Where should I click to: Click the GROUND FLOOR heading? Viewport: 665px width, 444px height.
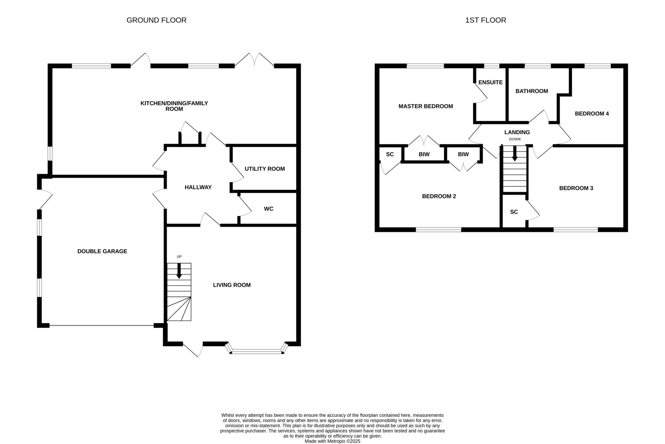click(156, 20)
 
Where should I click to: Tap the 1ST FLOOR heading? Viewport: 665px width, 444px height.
click(485, 20)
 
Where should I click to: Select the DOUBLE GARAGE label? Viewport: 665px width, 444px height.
click(102, 251)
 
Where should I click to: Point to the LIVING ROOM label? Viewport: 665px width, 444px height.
click(232, 285)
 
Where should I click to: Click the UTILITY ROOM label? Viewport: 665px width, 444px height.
click(265, 169)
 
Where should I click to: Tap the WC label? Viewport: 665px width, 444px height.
click(269, 209)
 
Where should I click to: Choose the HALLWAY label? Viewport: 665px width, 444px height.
click(198, 187)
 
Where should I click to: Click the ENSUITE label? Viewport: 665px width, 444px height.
click(490, 82)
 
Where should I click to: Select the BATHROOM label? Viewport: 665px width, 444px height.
click(532, 91)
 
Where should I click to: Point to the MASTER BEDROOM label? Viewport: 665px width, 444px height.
click(426, 106)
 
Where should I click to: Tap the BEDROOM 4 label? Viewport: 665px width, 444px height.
click(592, 114)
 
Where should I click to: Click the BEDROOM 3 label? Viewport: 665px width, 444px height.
click(576, 188)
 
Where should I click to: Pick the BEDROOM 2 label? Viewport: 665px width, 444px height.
click(439, 196)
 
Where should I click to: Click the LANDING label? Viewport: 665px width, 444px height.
click(517, 132)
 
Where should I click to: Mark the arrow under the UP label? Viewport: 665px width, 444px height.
click(179, 271)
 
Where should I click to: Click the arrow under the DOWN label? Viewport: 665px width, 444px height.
click(515, 153)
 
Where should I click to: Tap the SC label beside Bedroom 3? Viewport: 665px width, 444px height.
click(514, 212)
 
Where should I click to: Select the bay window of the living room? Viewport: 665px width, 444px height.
click(257, 351)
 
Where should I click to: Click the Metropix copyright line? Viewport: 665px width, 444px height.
click(332, 441)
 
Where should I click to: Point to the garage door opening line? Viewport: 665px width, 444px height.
click(102, 325)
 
